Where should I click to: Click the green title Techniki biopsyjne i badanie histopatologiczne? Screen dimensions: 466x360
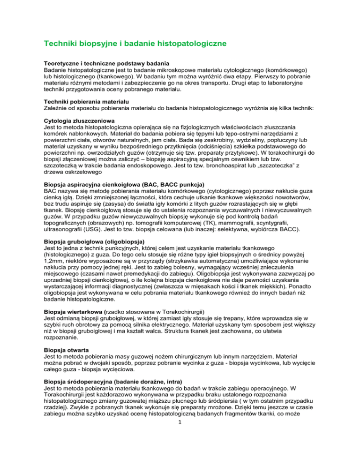click(x=135, y=44)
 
